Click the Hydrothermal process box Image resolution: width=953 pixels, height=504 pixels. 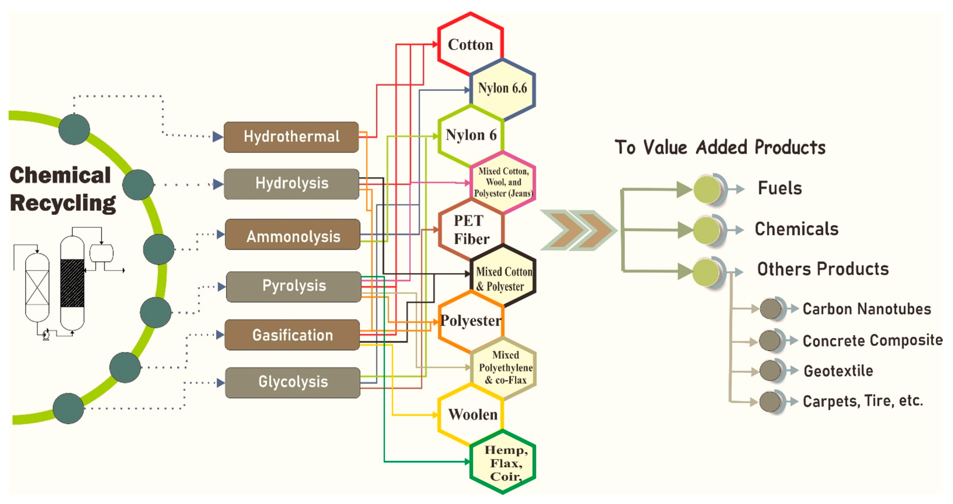291,137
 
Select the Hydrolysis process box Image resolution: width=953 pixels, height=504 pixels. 292,184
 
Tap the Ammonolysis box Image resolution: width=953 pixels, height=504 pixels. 293,235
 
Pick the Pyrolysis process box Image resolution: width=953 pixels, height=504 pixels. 294,286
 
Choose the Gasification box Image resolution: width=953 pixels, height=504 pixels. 292,335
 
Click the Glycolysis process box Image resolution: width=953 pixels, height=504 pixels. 293,382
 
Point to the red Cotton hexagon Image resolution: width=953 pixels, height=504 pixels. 470,45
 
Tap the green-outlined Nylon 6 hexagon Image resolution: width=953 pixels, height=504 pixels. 471,135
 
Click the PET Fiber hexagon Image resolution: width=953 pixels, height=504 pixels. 471,230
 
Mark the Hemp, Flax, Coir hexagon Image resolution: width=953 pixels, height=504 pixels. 503,463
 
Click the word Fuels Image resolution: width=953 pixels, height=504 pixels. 780,188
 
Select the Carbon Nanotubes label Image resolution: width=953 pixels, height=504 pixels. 866,309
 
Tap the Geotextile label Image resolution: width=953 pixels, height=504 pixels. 838,371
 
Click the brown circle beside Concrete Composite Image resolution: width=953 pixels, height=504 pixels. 771,340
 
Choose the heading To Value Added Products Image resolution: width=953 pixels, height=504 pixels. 720,147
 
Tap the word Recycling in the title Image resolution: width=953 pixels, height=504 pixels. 63,203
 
